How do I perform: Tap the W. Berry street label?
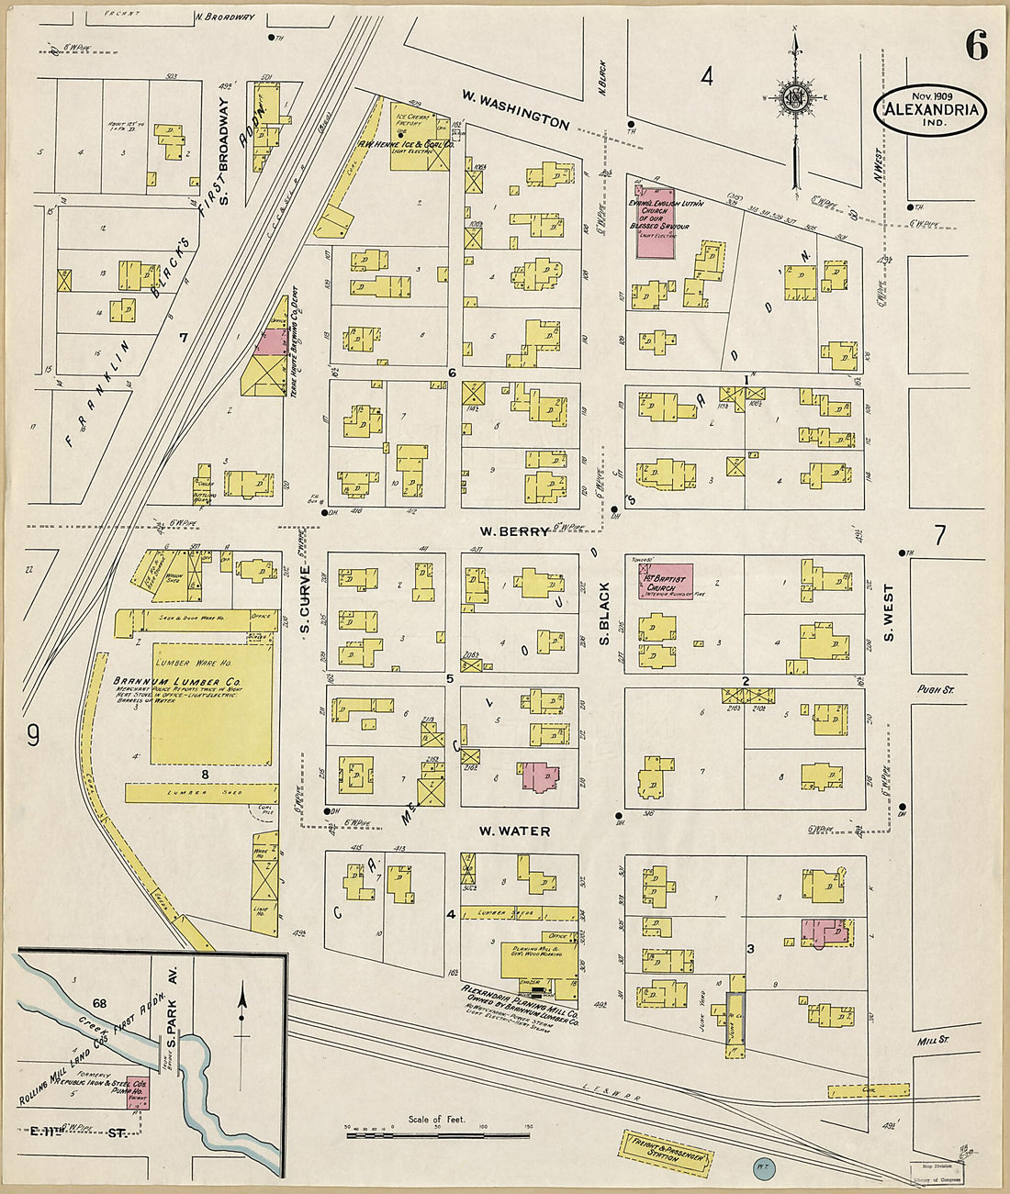coord(513,531)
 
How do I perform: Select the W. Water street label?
coord(514,831)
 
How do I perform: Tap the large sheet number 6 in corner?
coord(975,45)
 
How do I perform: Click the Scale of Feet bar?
coord(438,1135)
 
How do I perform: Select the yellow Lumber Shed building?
coord(201,792)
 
